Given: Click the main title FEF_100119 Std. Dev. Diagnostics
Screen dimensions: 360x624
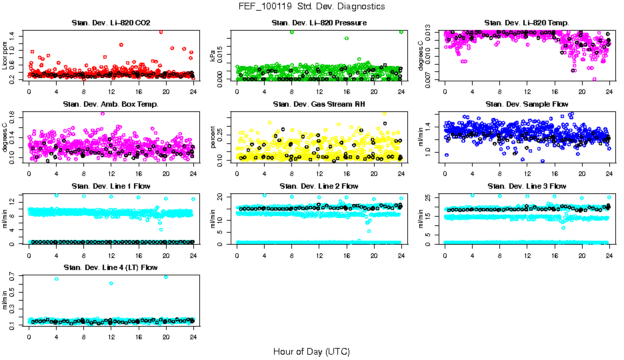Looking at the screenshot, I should (311, 6).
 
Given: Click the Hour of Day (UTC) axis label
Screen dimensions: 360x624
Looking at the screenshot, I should (311, 351).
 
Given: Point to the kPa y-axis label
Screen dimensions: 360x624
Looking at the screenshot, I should (213, 56).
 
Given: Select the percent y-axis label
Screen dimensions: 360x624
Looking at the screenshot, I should (213, 137).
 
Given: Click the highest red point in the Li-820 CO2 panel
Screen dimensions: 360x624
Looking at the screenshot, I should (161, 31).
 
